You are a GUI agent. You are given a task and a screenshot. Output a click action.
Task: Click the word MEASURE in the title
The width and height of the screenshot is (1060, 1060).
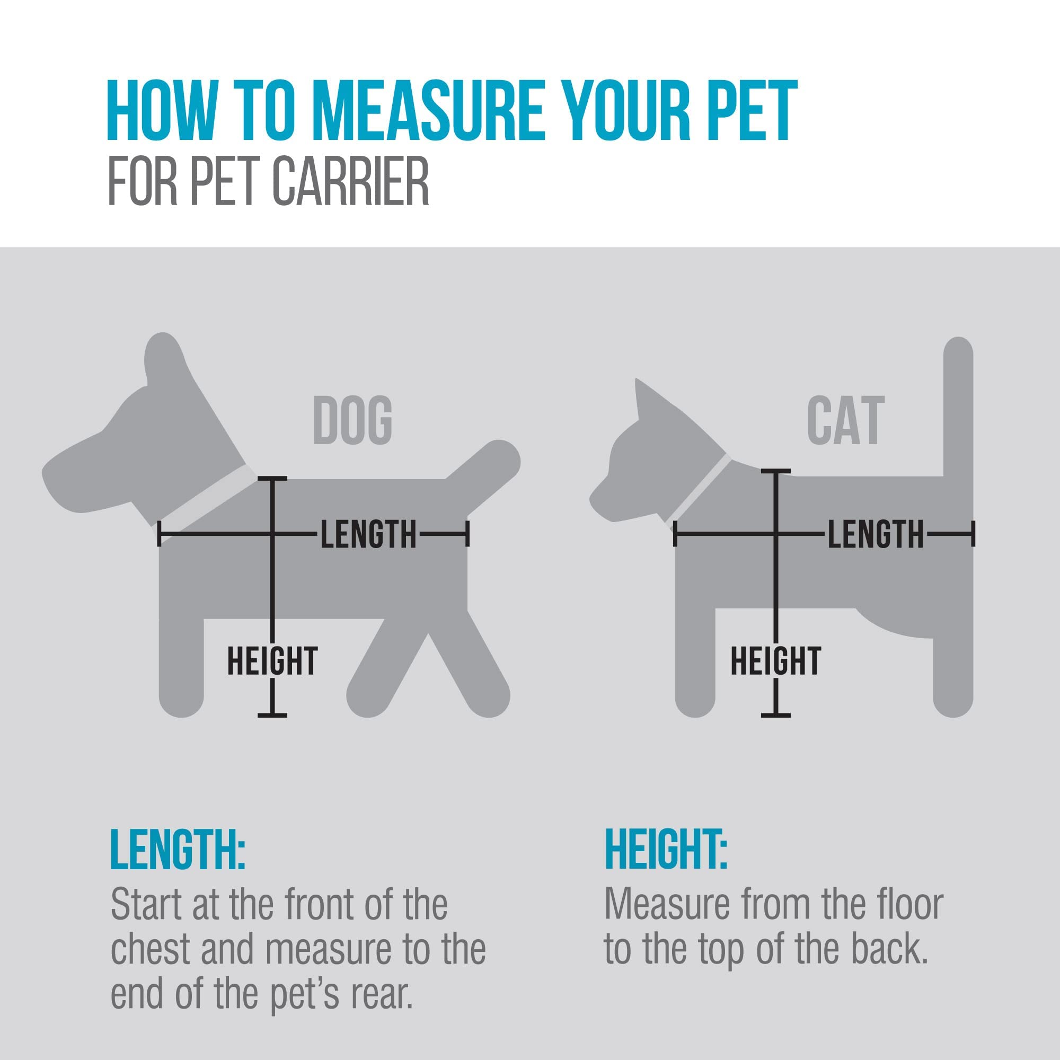point(430,111)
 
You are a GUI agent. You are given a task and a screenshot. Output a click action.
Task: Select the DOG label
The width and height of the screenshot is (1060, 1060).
point(352,420)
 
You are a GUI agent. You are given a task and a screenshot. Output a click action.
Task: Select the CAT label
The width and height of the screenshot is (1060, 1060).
point(845,420)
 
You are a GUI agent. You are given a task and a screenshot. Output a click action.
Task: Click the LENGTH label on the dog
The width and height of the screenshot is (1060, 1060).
point(368,534)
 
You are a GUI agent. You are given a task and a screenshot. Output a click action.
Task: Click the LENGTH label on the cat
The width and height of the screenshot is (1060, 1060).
point(875,534)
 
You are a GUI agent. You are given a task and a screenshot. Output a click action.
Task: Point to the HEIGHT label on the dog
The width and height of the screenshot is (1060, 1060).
point(272,661)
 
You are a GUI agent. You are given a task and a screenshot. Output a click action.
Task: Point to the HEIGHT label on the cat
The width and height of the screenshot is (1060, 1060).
point(776,661)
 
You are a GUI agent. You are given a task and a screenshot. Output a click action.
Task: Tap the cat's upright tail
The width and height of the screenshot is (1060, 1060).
point(958,406)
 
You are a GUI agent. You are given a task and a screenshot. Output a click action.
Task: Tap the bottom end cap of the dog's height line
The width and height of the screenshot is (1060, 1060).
point(272,715)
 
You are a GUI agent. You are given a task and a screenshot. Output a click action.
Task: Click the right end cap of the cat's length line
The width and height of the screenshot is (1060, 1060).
point(973,534)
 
